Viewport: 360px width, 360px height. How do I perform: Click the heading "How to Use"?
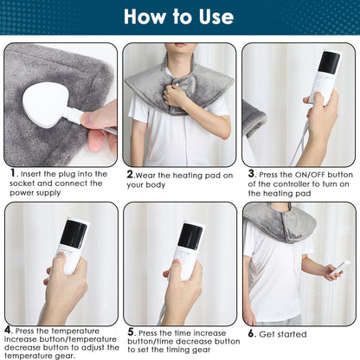[179, 16]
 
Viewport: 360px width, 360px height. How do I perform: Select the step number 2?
[129, 173]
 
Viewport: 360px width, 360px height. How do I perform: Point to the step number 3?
[252, 172]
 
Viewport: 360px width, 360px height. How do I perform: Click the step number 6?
[252, 331]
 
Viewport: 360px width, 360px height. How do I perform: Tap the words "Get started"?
[286, 332]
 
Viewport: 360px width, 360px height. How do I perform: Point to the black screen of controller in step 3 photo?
[329, 61]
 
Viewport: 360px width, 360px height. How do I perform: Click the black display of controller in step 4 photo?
[74, 234]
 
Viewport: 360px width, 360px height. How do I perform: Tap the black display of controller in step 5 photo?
[190, 236]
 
